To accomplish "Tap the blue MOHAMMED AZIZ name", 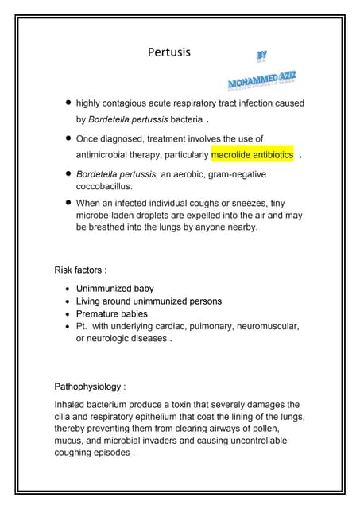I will (262, 82).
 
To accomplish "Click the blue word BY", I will (261, 56).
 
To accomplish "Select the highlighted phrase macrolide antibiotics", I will (252, 154).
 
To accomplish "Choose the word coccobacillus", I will (103, 186).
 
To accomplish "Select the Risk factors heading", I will (80, 270).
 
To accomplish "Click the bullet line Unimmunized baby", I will (114, 289).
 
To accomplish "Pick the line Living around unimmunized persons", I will (149, 301).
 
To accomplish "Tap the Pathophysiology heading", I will (90, 387).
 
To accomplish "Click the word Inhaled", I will (70, 404).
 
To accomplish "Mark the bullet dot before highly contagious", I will (69, 103).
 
